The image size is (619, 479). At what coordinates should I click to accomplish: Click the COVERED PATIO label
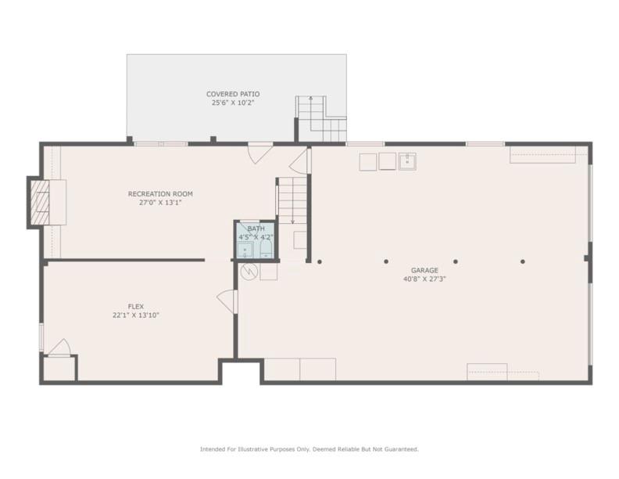[x=233, y=94]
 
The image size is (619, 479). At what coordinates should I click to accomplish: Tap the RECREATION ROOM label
[x=160, y=194]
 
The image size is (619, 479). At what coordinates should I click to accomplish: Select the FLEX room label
[x=136, y=306]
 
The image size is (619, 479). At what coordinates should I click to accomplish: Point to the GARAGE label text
[x=424, y=270]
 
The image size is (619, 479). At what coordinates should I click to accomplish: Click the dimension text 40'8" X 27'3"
[x=424, y=279]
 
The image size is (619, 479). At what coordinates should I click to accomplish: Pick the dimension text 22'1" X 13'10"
[x=136, y=315]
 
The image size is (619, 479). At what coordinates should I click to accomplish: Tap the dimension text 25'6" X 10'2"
[x=233, y=103]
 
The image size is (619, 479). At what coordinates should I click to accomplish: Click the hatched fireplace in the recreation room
[x=41, y=203]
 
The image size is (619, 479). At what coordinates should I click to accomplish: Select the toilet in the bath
[x=266, y=249]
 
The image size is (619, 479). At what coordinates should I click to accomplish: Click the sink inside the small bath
[x=245, y=250]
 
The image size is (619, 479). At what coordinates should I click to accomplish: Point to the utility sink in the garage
[x=407, y=161]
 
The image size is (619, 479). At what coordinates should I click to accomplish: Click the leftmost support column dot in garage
[x=320, y=261]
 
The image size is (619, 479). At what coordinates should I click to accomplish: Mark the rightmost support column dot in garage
[x=523, y=261]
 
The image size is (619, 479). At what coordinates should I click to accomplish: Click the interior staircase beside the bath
[x=292, y=201]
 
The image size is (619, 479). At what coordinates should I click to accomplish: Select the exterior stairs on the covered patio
[x=321, y=118]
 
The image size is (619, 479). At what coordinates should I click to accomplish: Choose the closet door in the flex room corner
[x=59, y=348]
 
